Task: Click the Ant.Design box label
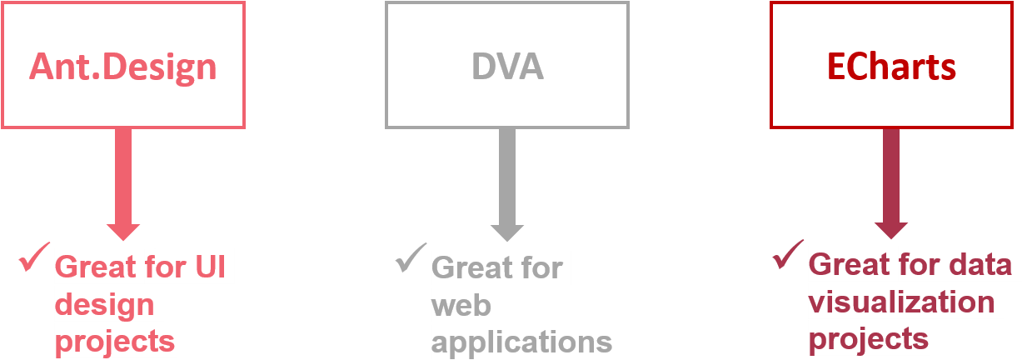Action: [x=123, y=66]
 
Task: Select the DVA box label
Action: [x=507, y=66]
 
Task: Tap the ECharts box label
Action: [x=891, y=67]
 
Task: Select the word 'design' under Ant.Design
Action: [x=105, y=304]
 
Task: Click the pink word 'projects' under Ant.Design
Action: [x=116, y=341]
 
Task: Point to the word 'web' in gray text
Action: [x=461, y=306]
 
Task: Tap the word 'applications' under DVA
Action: [x=522, y=342]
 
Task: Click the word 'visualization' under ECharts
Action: [x=902, y=302]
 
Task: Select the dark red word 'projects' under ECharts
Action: [x=869, y=338]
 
